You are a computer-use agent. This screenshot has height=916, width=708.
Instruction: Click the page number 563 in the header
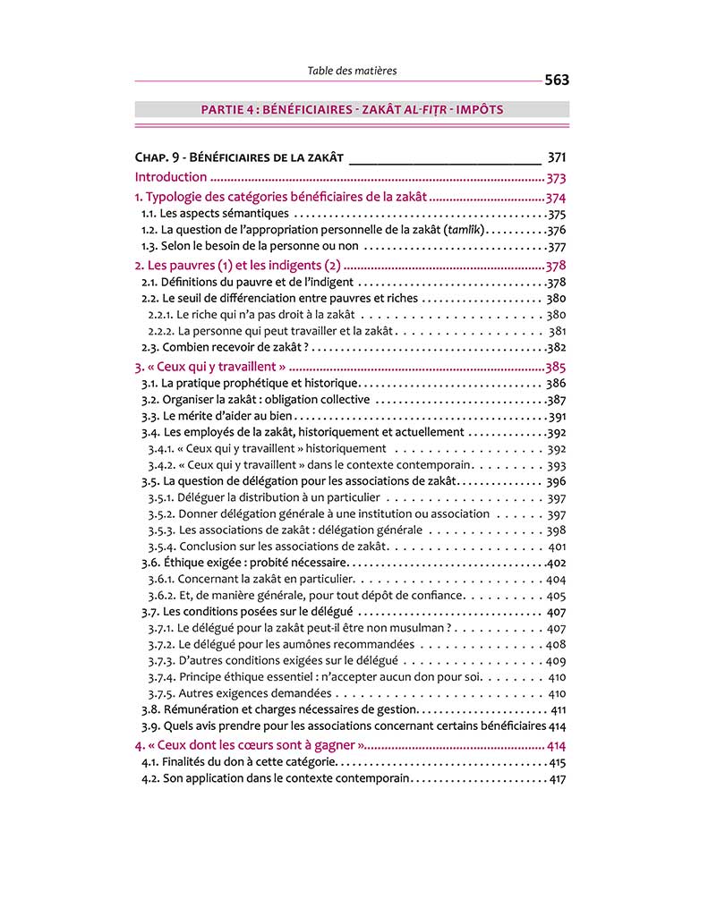(556, 80)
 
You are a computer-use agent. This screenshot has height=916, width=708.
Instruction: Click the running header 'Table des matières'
(352, 70)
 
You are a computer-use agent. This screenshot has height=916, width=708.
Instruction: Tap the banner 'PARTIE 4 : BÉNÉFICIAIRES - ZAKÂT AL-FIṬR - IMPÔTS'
(352, 110)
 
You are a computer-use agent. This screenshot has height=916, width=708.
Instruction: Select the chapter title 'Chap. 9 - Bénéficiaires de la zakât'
(239, 157)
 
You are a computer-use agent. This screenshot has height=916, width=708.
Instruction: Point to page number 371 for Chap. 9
(556, 157)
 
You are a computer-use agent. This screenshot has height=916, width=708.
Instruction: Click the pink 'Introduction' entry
(171, 177)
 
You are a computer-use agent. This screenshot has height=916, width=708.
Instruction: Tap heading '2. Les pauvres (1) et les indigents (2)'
(238, 266)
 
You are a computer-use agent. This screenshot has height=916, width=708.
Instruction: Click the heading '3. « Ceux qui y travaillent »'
(210, 367)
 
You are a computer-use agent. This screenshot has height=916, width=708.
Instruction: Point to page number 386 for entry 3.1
(556, 384)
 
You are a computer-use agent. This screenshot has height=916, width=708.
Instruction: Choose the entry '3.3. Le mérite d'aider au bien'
(218, 416)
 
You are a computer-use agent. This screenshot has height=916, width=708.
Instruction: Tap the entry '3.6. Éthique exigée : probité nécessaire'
(243, 563)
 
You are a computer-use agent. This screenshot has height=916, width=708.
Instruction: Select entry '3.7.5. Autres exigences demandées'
(240, 693)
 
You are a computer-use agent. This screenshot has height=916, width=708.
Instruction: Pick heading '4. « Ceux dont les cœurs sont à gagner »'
(249, 745)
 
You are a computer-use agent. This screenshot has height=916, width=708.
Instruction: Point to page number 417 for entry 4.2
(557, 779)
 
